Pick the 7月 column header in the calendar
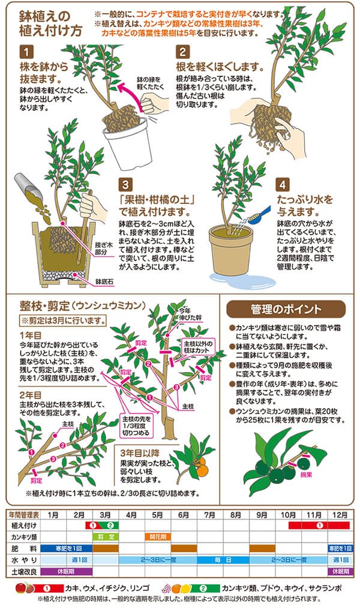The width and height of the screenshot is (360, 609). (x=209, y=515)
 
